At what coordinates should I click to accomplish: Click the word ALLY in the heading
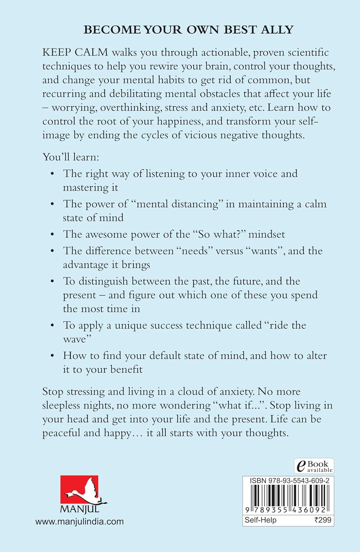pos(277,29)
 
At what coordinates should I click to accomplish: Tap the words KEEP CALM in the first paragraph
pos(75,52)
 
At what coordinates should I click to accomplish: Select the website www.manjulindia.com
pos(80,521)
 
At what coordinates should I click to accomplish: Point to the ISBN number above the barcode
pos(289,481)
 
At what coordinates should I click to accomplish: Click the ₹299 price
pos(322,520)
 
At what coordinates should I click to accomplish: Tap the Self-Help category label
pos(261,520)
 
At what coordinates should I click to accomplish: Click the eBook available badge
pos(314,466)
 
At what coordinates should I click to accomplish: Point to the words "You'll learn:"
pos(71,157)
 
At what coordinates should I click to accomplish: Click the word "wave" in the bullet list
pos(74,339)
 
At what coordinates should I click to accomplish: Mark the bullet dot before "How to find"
pos(53,356)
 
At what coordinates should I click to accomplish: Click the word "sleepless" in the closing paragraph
pos(61,406)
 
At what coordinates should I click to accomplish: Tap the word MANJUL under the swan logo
pos(80,509)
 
